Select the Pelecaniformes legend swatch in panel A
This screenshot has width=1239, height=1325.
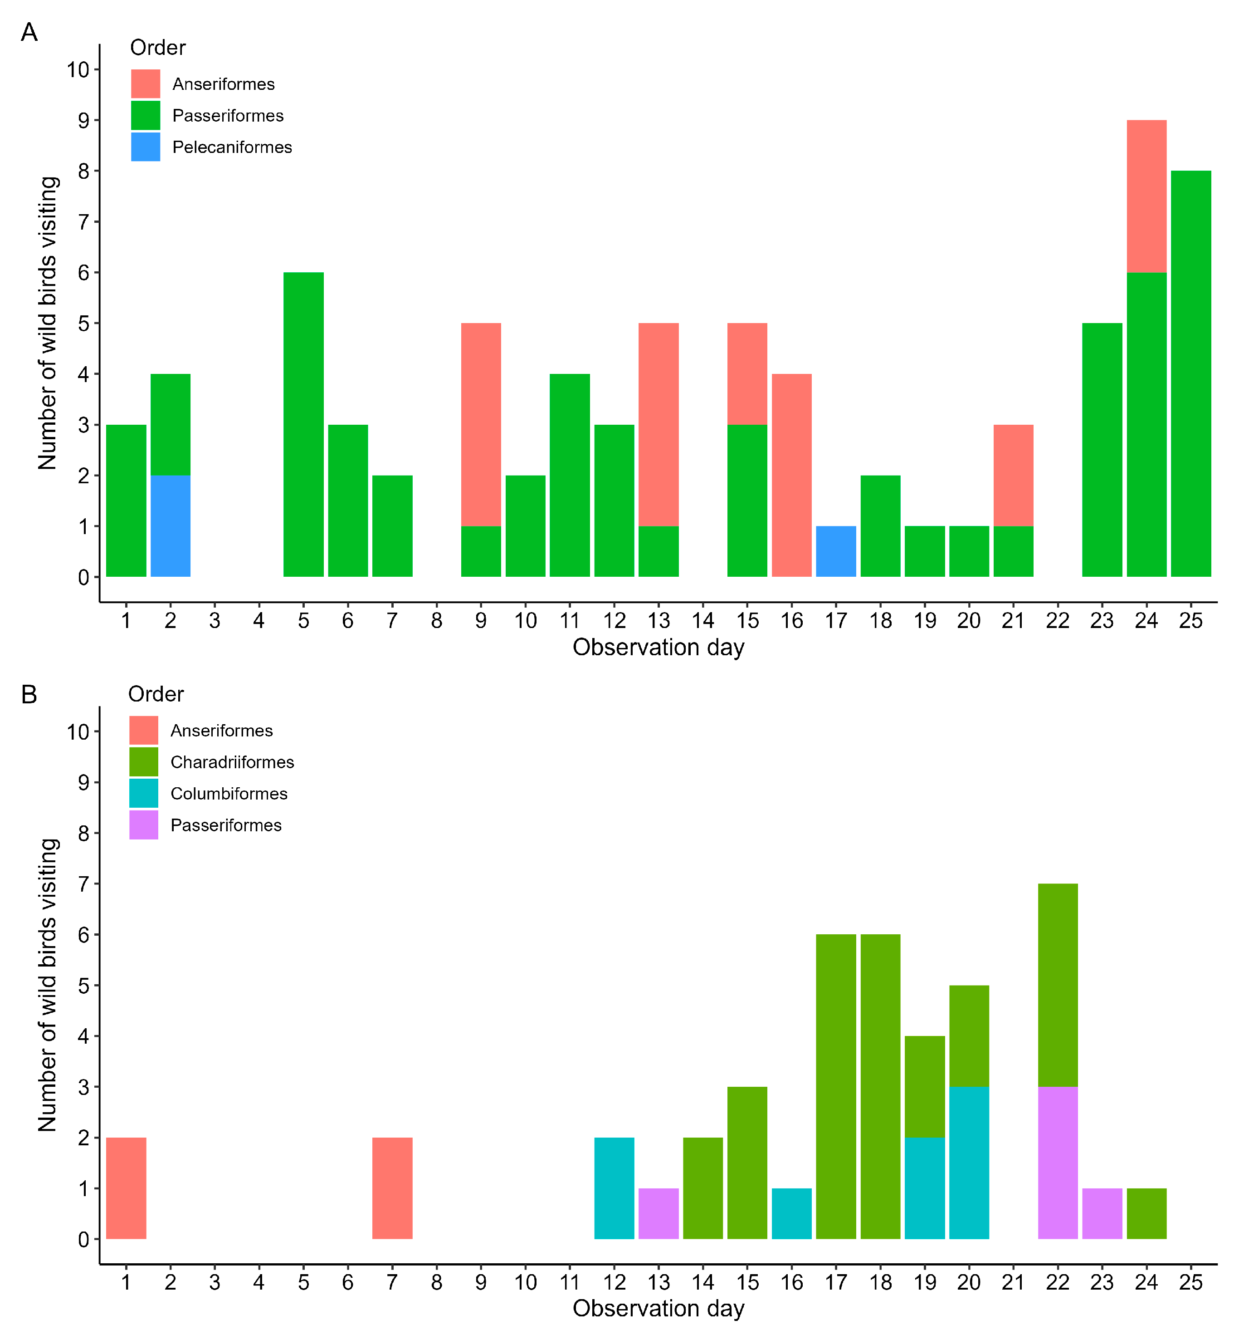pos(145,147)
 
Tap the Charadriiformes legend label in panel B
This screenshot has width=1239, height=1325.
pos(232,762)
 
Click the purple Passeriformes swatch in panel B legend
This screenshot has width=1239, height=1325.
pos(144,824)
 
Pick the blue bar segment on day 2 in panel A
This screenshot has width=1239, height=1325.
pos(171,526)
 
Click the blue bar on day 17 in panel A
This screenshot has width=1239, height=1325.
pos(835,551)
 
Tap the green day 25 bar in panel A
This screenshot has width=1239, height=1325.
pos(1190,373)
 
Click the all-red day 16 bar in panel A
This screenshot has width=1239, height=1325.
pos(791,475)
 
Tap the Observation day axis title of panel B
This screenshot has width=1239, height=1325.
pos(658,1308)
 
